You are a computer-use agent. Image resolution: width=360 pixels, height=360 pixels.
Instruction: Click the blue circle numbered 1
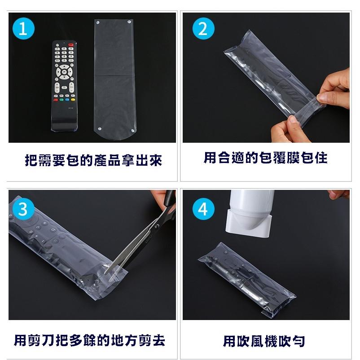coord(23,29)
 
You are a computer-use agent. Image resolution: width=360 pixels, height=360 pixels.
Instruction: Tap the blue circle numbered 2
coord(203,29)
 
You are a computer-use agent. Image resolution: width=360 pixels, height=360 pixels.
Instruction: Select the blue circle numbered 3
coord(23,209)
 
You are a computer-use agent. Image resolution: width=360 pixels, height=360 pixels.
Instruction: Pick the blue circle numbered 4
coord(203,209)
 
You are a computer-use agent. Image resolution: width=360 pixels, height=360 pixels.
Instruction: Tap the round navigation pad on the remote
coord(64,72)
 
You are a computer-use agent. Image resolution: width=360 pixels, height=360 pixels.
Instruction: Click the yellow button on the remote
coord(73,100)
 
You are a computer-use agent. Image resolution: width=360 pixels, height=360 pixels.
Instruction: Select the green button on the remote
coord(61,100)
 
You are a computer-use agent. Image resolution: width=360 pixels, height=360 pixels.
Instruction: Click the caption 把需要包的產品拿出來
coord(93,160)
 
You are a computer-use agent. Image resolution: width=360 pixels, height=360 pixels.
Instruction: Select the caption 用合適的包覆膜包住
coord(266,158)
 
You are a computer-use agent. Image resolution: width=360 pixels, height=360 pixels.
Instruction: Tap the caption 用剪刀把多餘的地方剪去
coord(89,340)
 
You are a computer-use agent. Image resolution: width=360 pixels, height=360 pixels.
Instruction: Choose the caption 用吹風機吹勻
coord(264,341)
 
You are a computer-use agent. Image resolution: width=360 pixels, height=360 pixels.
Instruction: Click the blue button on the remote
coord(67,100)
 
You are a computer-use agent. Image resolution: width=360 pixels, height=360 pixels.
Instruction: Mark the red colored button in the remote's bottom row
coord(56,100)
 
